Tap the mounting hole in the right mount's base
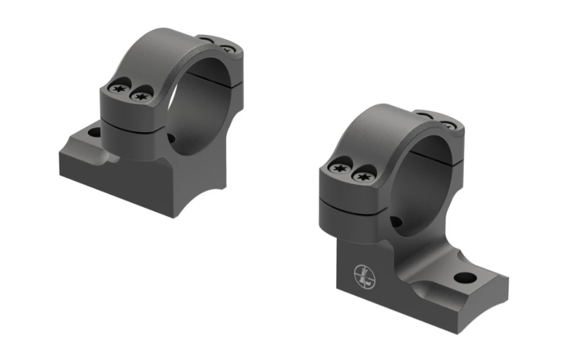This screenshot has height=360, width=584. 465,278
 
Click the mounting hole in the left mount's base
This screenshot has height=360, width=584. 94,132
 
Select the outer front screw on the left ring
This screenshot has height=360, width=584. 118,89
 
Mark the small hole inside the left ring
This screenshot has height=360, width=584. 171,139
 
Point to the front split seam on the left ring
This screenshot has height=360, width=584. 131,121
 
